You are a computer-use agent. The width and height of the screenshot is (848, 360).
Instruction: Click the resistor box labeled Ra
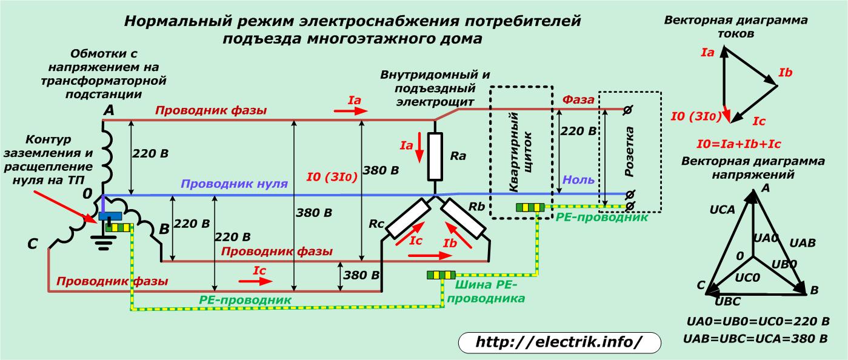435,157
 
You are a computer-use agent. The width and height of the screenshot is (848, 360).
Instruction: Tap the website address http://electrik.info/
558,342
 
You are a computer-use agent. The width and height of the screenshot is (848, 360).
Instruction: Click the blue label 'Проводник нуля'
234,184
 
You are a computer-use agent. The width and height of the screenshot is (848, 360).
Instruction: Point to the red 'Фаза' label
579,99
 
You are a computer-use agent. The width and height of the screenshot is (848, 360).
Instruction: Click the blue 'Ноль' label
578,180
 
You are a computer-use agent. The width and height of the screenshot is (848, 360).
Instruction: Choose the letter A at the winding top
109,110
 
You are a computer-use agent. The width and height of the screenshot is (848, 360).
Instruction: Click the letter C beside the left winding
33,245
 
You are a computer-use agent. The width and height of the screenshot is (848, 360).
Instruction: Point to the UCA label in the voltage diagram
722,210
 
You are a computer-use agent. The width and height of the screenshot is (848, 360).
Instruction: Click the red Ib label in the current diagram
785,73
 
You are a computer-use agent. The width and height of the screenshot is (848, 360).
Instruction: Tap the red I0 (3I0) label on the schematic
332,178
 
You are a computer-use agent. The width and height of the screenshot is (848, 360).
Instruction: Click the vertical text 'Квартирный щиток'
521,152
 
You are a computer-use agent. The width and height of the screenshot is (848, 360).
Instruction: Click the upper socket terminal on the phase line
628,109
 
